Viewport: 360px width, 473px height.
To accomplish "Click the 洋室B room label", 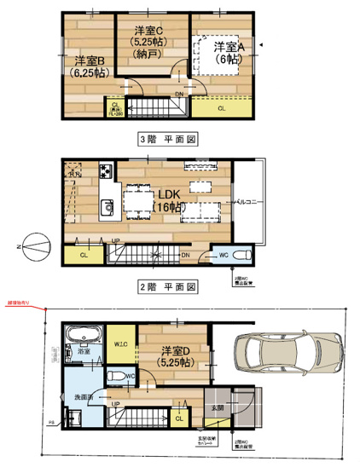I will pyautogui.click(x=88, y=66).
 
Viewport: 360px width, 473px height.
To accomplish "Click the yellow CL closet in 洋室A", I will pyautogui.click(x=221, y=108).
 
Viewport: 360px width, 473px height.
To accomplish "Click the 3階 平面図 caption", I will pyautogui.click(x=168, y=137).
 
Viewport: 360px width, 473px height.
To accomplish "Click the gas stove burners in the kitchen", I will pyautogui.click(x=107, y=169).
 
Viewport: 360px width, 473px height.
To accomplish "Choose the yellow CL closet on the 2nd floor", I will pyautogui.click(x=84, y=254).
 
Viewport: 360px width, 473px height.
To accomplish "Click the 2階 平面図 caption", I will pyautogui.click(x=168, y=286).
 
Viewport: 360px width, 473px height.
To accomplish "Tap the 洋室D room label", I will pyautogui.click(x=174, y=357).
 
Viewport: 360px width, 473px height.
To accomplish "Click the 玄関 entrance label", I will pyautogui.click(x=219, y=408).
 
